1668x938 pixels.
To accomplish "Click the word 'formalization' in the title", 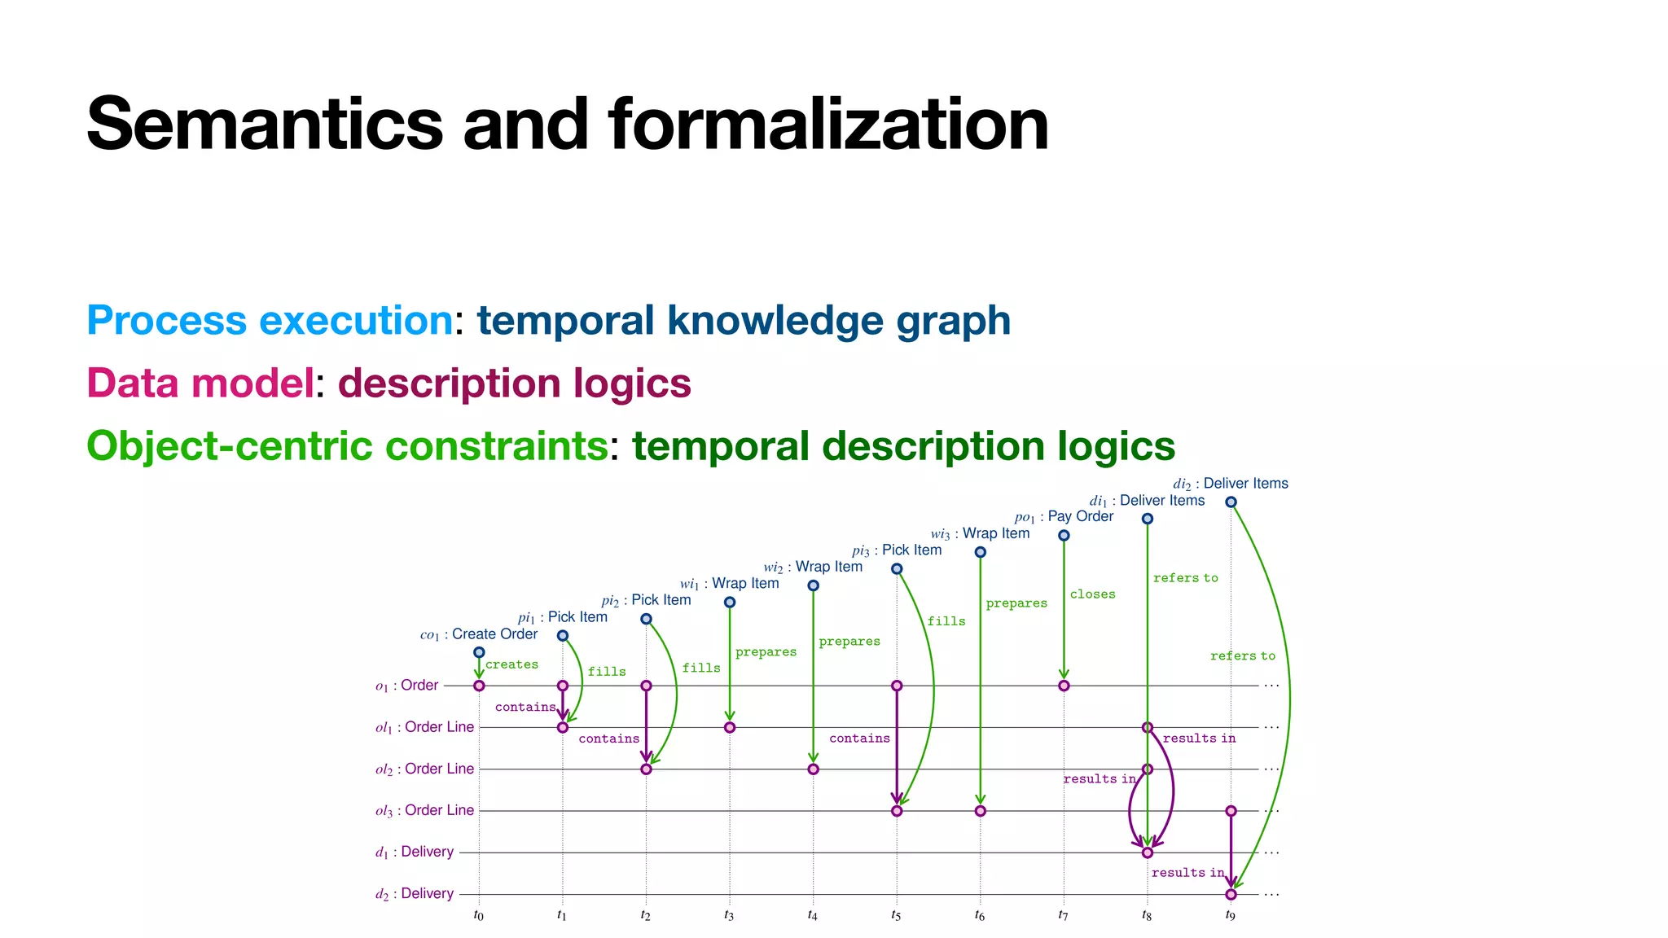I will point(828,124).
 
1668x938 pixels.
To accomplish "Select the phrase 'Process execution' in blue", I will point(270,320).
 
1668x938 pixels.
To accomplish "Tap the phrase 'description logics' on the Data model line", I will point(515,383).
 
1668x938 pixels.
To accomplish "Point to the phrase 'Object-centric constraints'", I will point(347,445).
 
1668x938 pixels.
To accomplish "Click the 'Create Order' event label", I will point(494,634).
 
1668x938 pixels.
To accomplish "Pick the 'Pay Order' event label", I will point(1080,516).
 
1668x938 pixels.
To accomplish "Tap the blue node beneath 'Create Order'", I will point(479,652).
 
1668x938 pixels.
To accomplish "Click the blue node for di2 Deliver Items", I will point(1231,502).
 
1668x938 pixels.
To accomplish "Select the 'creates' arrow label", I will point(511,664).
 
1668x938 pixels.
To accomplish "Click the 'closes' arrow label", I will point(1092,594).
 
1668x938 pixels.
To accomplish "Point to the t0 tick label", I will point(478,915).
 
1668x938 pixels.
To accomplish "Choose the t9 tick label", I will point(1230,915).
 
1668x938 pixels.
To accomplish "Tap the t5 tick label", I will point(896,915).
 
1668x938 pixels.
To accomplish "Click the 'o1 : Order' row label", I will point(406,686).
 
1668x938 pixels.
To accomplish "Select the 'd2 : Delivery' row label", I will point(415,894).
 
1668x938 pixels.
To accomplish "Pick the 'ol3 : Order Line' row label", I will point(424,810).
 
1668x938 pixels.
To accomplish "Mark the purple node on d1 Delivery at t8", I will point(1147,853).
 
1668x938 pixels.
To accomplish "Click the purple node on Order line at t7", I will point(1064,686).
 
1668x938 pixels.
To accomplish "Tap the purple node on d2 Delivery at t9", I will point(1231,894).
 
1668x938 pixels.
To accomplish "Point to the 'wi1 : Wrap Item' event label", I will point(730,584).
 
